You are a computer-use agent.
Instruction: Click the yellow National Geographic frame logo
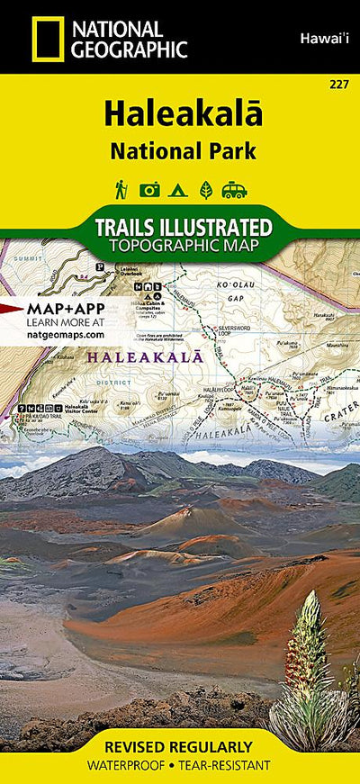pyautogui.click(x=48, y=39)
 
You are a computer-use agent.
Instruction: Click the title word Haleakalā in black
pyautogui.click(x=183, y=115)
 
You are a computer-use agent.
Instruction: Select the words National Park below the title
pyautogui.click(x=184, y=150)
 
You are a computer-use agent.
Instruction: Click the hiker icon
pyautogui.click(x=121, y=189)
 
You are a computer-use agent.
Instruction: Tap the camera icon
pyautogui.click(x=149, y=190)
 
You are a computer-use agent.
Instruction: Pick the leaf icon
pyautogui.click(x=205, y=190)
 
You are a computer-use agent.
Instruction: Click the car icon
pyautogui.click(x=235, y=190)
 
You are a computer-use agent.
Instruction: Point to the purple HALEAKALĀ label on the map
pyautogui.click(x=135, y=358)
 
